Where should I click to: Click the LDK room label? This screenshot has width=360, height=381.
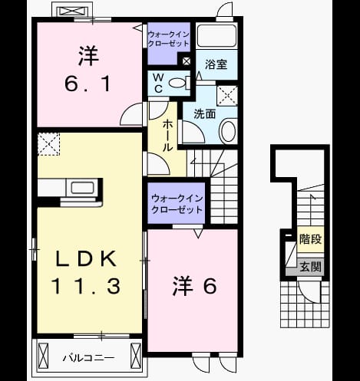pyautogui.click(x=85, y=258)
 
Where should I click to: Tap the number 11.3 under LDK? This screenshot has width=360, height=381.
pyautogui.click(x=85, y=286)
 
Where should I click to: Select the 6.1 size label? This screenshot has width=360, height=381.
pyautogui.click(x=88, y=84)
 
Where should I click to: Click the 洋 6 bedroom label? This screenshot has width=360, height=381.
pyautogui.click(x=194, y=286)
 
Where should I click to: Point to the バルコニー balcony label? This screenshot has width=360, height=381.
pyautogui.click(x=88, y=358)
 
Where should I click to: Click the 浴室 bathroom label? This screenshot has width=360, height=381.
pyautogui.click(x=216, y=64)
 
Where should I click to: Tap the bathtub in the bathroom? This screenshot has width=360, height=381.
pyautogui.click(x=216, y=35)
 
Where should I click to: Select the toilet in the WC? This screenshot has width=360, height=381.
pyautogui.click(x=180, y=83)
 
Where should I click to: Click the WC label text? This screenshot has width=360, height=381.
pyautogui.click(x=158, y=83)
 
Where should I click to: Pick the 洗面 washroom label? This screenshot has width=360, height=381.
pyautogui.click(x=204, y=113)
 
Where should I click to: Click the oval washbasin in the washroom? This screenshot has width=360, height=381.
pyautogui.click(x=228, y=132)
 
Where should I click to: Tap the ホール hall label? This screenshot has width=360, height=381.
pyautogui.click(x=167, y=136)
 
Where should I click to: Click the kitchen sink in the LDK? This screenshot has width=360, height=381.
pyautogui.click(x=82, y=188)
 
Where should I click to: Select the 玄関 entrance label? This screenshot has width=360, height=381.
pyautogui.click(x=310, y=267)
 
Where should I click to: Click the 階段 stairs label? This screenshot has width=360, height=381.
pyautogui.click(x=310, y=239)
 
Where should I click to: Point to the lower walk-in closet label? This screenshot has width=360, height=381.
pyautogui.click(x=177, y=204)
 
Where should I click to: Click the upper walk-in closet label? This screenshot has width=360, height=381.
pyautogui.click(x=169, y=39)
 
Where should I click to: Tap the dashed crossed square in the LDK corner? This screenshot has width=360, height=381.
pyautogui.click(x=48, y=144)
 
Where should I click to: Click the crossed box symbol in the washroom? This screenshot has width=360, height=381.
pyautogui.click(x=227, y=96)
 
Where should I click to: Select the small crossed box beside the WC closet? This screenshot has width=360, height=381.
pyautogui.click(x=187, y=61)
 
